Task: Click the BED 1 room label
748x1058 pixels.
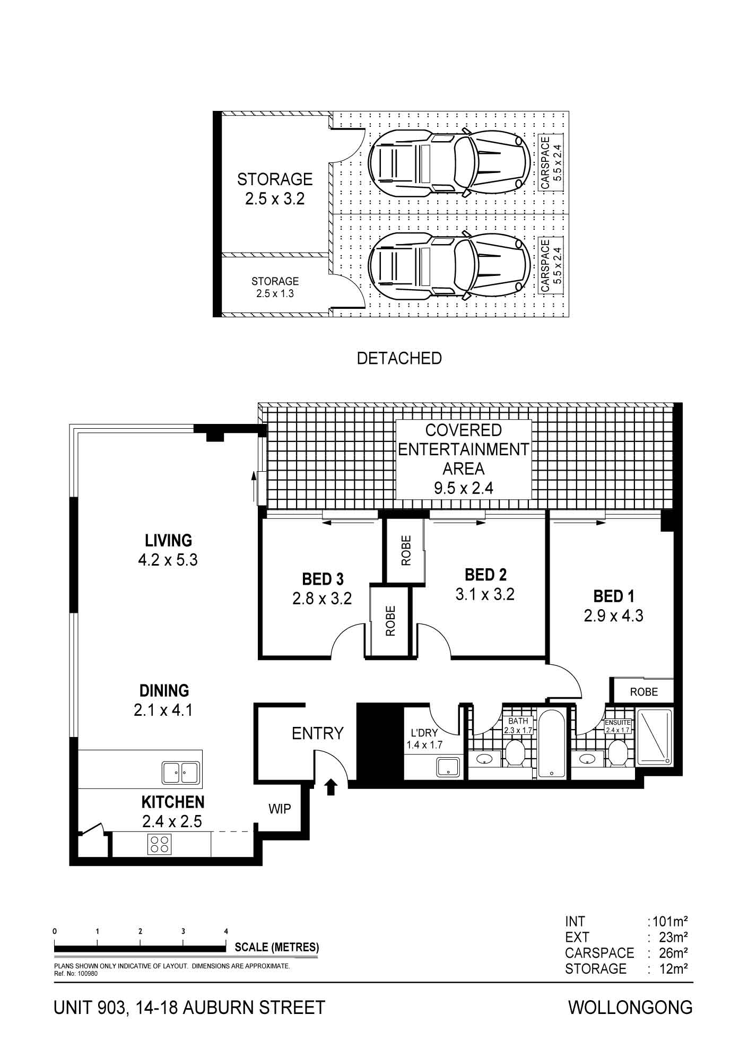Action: [613, 596]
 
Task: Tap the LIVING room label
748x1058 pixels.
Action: [168, 541]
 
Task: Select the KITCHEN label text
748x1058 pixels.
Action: [173, 802]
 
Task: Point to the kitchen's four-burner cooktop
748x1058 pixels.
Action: [159, 844]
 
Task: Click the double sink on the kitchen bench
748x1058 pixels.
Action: [181, 773]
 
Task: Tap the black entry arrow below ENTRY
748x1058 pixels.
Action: [331, 787]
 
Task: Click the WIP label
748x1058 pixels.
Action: [280, 809]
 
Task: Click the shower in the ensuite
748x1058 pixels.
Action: [654, 736]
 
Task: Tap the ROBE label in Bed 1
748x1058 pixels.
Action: [644, 692]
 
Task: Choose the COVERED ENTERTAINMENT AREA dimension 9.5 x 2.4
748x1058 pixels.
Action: [464, 488]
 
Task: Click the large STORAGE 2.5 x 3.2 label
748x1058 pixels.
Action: [275, 189]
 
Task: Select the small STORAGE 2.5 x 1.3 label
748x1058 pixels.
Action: [275, 287]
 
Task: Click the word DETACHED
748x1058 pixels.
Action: [399, 358]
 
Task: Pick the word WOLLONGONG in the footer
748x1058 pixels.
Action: [630, 1007]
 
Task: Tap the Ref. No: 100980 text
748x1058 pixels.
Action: [76, 974]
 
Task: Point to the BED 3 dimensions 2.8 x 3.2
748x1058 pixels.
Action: [322, 599]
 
